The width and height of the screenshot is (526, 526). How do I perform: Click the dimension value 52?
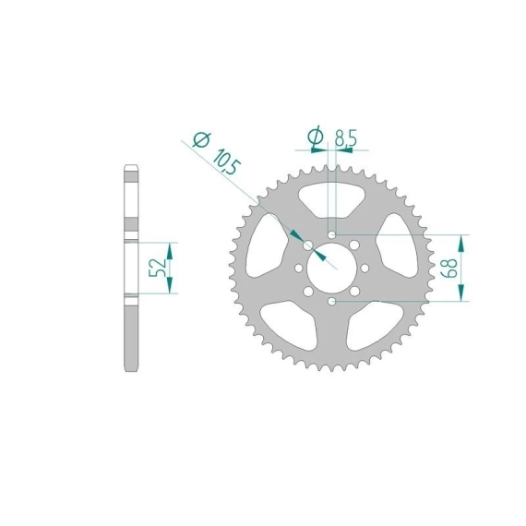tap(157, 268)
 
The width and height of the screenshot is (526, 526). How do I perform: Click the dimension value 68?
tap(449, 268)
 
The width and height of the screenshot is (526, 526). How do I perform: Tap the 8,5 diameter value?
tap(346, 137)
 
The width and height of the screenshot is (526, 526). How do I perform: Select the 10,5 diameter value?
tap(227, 162)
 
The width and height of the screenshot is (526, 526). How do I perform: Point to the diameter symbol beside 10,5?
tap(202, 139)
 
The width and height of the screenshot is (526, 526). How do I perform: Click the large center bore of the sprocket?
tap(331, 268)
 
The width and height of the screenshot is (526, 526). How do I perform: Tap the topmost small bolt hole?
tap(332, 234)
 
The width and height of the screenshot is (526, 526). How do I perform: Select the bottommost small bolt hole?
tap(332, 302)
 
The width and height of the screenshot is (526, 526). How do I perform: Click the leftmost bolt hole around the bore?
tap(298, 269)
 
